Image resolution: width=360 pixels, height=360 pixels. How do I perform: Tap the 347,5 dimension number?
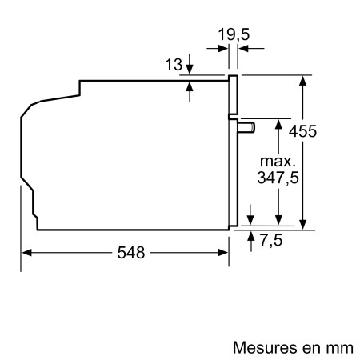(277, 178)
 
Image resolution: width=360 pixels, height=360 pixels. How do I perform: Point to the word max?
(277, 161)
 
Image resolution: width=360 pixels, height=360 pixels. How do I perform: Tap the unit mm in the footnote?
(338, 348)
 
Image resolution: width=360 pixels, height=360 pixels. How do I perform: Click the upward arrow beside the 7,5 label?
(254, 236)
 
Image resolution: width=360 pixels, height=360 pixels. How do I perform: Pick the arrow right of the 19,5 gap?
(244, 48)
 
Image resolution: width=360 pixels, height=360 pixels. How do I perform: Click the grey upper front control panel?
(234, 97)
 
